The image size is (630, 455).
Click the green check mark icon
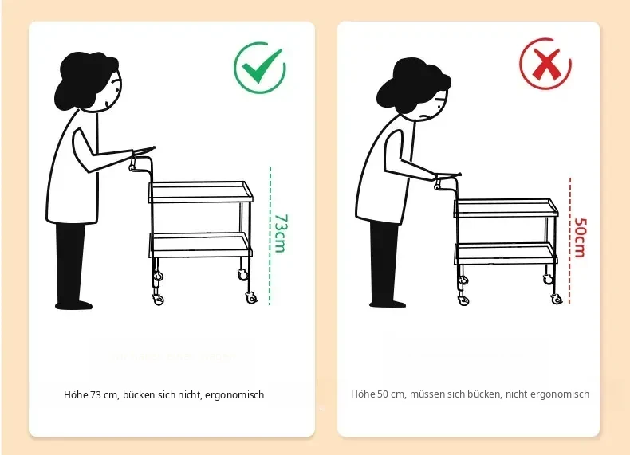(x=260, y=68)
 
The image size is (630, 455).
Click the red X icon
(x=545, y=64)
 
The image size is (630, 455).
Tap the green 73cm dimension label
(x=281, y=233)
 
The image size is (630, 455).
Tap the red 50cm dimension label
(x=581, y=237)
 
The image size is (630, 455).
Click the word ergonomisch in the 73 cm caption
(x=234, y=395)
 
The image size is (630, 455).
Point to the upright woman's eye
(x=117, y=89)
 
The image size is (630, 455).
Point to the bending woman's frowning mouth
(x=424, y=117)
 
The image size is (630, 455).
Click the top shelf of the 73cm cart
(x=200, y=192)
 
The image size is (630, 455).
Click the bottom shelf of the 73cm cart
(x=200, y=245)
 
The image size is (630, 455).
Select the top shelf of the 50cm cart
(x=506, y=208)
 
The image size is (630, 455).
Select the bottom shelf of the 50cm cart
(x=506, y=253)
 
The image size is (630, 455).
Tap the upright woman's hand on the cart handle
(x=133, y=163)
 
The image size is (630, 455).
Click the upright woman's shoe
(x=74, y=305)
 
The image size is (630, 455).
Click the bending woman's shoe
(x=388, y=303)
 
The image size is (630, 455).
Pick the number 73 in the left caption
(x=95, y=395)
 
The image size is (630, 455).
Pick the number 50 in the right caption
(x=383, y=394)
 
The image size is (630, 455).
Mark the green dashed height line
(x=270, y=236)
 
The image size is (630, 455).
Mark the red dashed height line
(x=569, y=240)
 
